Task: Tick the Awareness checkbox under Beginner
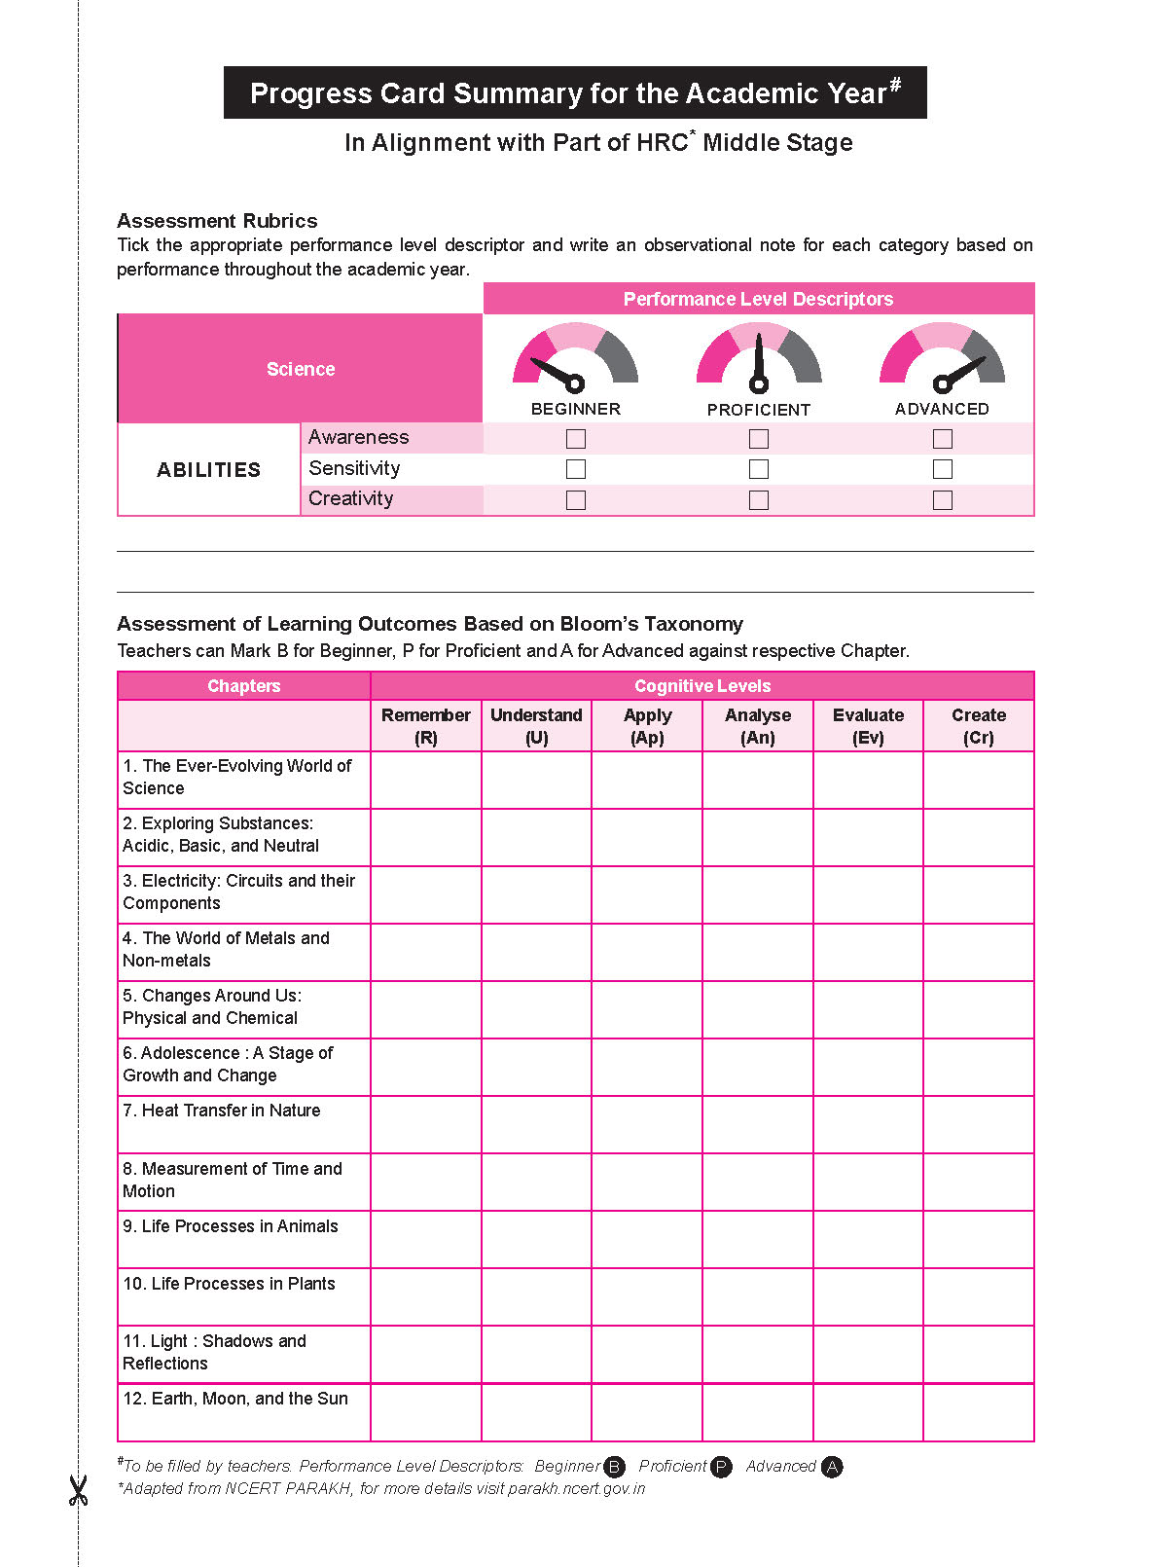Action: [576, 439]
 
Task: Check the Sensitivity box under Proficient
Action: [759, 469]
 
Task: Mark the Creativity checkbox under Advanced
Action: [942, 500]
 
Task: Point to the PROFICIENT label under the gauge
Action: [759, 410]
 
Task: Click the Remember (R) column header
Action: [426, 726]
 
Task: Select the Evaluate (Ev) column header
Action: [868, 726]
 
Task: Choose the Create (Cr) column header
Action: [979, 726]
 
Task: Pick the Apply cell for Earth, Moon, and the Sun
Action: [647, 1412]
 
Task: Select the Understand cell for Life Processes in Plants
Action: [536, 1296]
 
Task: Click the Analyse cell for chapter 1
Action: [758, 780]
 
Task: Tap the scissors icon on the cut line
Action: [78, 1490]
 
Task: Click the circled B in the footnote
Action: [615, 1467]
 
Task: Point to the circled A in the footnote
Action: [832, 1467]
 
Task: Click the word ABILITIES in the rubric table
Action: [209, 470]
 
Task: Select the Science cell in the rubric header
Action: [301, 369]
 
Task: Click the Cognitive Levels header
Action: [702, 686]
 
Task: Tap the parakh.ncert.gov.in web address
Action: [577, 1489]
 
